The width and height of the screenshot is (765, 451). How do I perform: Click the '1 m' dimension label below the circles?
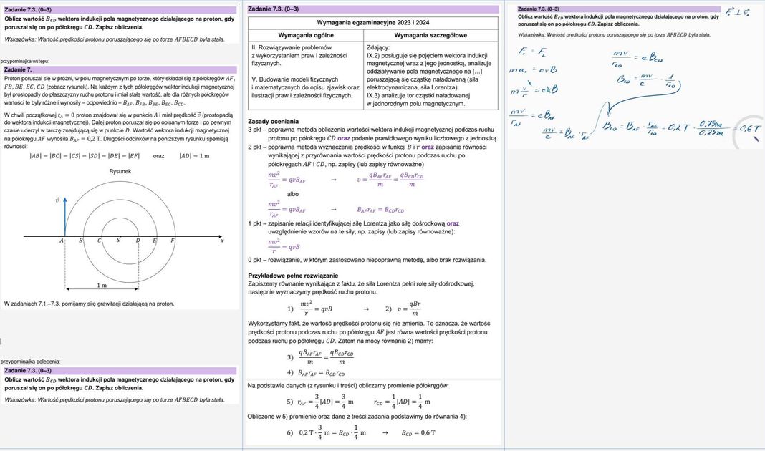[102, 285]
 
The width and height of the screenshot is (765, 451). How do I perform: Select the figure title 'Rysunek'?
[120, 172]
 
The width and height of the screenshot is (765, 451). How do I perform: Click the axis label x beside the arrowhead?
[222, 241]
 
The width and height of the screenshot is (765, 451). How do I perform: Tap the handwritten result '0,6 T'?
[749, 129]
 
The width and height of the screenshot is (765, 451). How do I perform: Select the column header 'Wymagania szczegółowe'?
[430, 34]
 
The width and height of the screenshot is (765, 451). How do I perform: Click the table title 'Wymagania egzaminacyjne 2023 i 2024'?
[373, 23]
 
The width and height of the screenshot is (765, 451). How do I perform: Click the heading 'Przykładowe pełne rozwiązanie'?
[293, 276]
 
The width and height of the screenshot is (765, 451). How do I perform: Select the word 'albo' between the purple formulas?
[292, 194]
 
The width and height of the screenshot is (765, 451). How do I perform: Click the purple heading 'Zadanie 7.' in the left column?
[17, 70]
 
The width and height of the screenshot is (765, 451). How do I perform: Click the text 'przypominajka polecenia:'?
[32, 362]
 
